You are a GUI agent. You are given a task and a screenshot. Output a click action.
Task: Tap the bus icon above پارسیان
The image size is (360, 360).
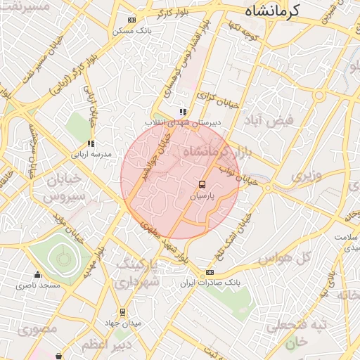(202, 185)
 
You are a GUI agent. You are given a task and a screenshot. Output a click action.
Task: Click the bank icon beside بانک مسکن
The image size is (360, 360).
(131, 20)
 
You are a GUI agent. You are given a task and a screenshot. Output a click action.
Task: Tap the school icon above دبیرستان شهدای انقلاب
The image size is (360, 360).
(183, 111)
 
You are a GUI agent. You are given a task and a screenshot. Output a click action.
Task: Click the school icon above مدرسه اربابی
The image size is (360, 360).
(91, 143)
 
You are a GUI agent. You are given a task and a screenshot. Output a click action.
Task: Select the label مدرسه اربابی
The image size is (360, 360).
(91, 153)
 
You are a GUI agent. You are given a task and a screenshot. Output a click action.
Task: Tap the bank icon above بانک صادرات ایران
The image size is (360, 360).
(210, 272)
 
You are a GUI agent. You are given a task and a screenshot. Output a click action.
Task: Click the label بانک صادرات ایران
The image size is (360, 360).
(209, 283)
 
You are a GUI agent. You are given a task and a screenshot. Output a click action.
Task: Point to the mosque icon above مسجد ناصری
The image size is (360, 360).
(37, 275)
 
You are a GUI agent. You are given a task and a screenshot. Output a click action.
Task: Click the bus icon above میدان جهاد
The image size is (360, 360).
(123, 311)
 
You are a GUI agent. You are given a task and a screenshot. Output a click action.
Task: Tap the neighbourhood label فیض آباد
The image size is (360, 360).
(268, 120)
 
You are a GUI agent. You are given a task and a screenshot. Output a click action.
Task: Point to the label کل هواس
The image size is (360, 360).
(284, 259)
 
